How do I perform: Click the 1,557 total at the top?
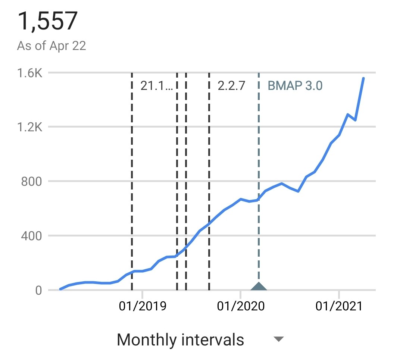(47, 21)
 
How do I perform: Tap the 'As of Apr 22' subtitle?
(51, 46)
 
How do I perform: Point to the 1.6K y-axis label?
(29, 73)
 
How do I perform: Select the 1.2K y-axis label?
(29, 127)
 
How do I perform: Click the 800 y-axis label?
(31, 181)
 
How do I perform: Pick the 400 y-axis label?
(31, 236)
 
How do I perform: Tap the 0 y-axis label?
(38, 290)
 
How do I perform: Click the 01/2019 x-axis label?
(143, 306)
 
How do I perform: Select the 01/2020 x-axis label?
(241, 306)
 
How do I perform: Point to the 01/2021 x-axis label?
(339, 306)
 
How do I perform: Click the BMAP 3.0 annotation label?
(295, 85)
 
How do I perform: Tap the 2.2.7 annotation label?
(231, 85)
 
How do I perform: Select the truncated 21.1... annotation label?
(157, 85)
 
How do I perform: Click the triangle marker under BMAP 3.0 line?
(259, 286)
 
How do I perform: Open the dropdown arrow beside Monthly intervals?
(279, 339)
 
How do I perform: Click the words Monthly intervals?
(181, 340)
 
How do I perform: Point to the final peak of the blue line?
(363, 78)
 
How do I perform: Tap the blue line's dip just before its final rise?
(356, 120)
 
